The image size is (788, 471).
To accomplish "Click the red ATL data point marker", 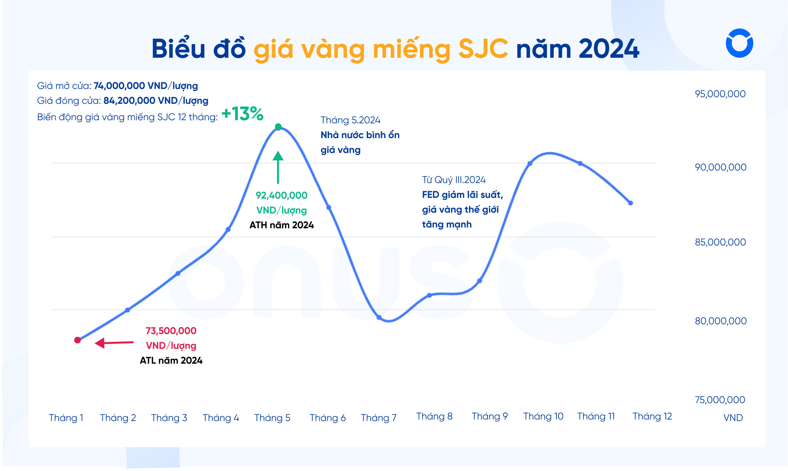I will coord(77,340).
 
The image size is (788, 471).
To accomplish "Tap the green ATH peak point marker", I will coord(278,127).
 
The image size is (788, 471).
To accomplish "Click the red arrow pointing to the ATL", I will coord(113,343).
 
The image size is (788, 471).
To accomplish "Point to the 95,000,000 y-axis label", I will coord(720,94).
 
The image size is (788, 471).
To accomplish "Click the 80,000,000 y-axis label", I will coord(720,321).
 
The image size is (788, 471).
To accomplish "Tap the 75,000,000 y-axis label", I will coord(720,400).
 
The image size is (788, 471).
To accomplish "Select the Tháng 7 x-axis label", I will coord(378,418).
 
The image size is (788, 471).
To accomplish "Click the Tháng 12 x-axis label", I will coord(652,416).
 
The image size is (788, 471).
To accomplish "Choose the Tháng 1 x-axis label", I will coord(66,418).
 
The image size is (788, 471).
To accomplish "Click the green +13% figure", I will coord(242,114).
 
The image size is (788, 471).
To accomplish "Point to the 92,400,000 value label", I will coord(281,196).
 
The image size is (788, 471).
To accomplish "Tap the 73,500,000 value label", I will coord(171,331).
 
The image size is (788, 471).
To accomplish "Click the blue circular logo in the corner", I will coord(739,43).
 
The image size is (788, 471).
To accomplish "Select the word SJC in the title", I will coord(483,49).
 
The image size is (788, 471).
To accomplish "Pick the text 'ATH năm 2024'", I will coord(281,225).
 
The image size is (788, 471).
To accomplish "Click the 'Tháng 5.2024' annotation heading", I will coord(350,120).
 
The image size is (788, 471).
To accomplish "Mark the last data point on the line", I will coord(630,203).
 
